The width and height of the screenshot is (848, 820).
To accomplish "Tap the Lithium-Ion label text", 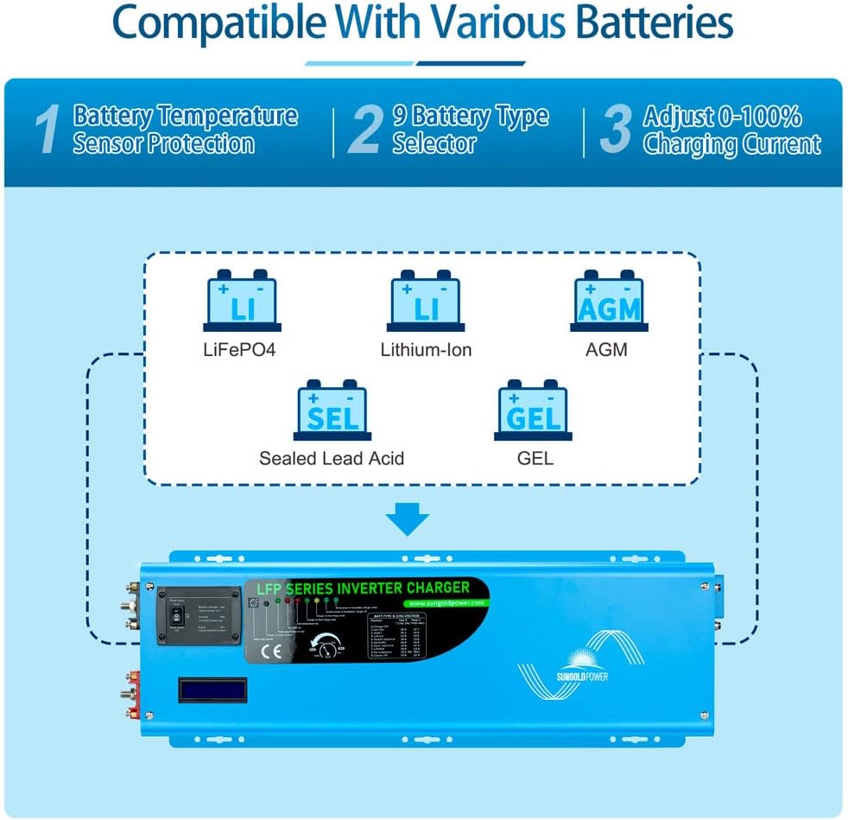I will pos(426,350).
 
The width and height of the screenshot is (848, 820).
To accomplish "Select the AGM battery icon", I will pos(608,303).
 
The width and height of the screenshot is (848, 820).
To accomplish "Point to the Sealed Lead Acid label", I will pos(332,458).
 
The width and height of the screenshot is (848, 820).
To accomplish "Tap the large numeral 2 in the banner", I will pos(367,130).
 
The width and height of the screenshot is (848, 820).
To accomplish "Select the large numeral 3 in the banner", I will pos(616,130).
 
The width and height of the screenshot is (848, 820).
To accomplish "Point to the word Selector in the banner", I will pos(434,143).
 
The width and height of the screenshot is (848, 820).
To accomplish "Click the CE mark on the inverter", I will pos(275,651).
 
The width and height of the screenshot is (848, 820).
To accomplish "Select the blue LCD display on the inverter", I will pos(212,689).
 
